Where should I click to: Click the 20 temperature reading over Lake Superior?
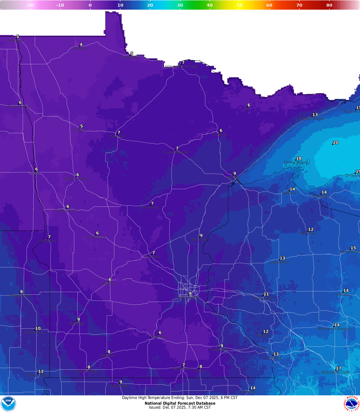(x=336, y=143)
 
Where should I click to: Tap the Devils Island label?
(x=295, y=163)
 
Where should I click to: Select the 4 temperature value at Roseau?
(x=81, y=45)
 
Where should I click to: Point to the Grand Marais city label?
(x=312, y=119)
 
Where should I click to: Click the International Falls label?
(x=181, y=67)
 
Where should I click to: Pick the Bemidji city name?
(x=117, y=137)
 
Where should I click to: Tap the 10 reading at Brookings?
(x=38, y=328)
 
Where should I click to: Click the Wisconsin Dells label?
(x=335, y=372)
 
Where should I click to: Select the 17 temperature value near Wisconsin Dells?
(x=339, y=368)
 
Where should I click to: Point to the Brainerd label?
(x=151, y=207)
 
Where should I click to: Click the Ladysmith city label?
(x=279, y=262)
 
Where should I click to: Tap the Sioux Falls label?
(x=38, y=375)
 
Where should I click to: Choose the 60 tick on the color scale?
(x=269, y=5)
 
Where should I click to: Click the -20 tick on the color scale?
(x=30, y=5)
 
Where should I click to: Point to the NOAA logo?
(x=8, y=403)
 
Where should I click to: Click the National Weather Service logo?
(x=352, y=403)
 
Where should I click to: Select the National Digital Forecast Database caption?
(x=180, y=403)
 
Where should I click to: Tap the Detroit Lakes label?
(x=76, y=179)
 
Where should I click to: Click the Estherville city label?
(x=119, y=386)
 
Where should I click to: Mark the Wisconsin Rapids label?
(x=334, y=329)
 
